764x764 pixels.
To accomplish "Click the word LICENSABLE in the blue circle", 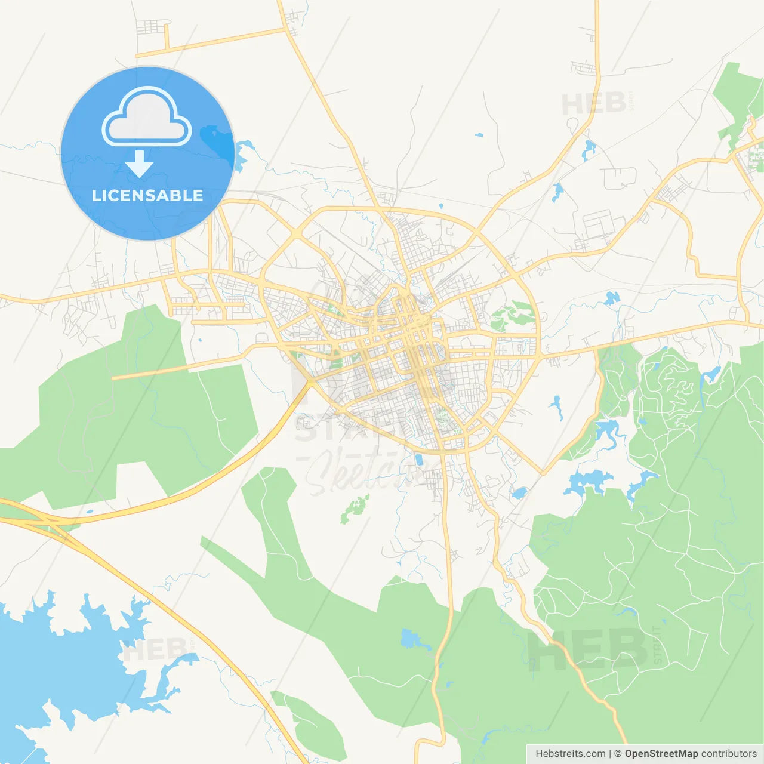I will pos(147,195).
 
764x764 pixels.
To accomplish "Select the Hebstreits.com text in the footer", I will pos(570,754).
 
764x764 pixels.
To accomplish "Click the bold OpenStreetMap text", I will pos(661,754).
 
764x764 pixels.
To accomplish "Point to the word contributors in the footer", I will pos(729,754).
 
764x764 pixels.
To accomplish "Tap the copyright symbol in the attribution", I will pos(618,754).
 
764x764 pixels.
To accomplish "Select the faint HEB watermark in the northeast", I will pos(594,104).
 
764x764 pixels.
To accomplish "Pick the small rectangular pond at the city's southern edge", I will pos(418,460).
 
